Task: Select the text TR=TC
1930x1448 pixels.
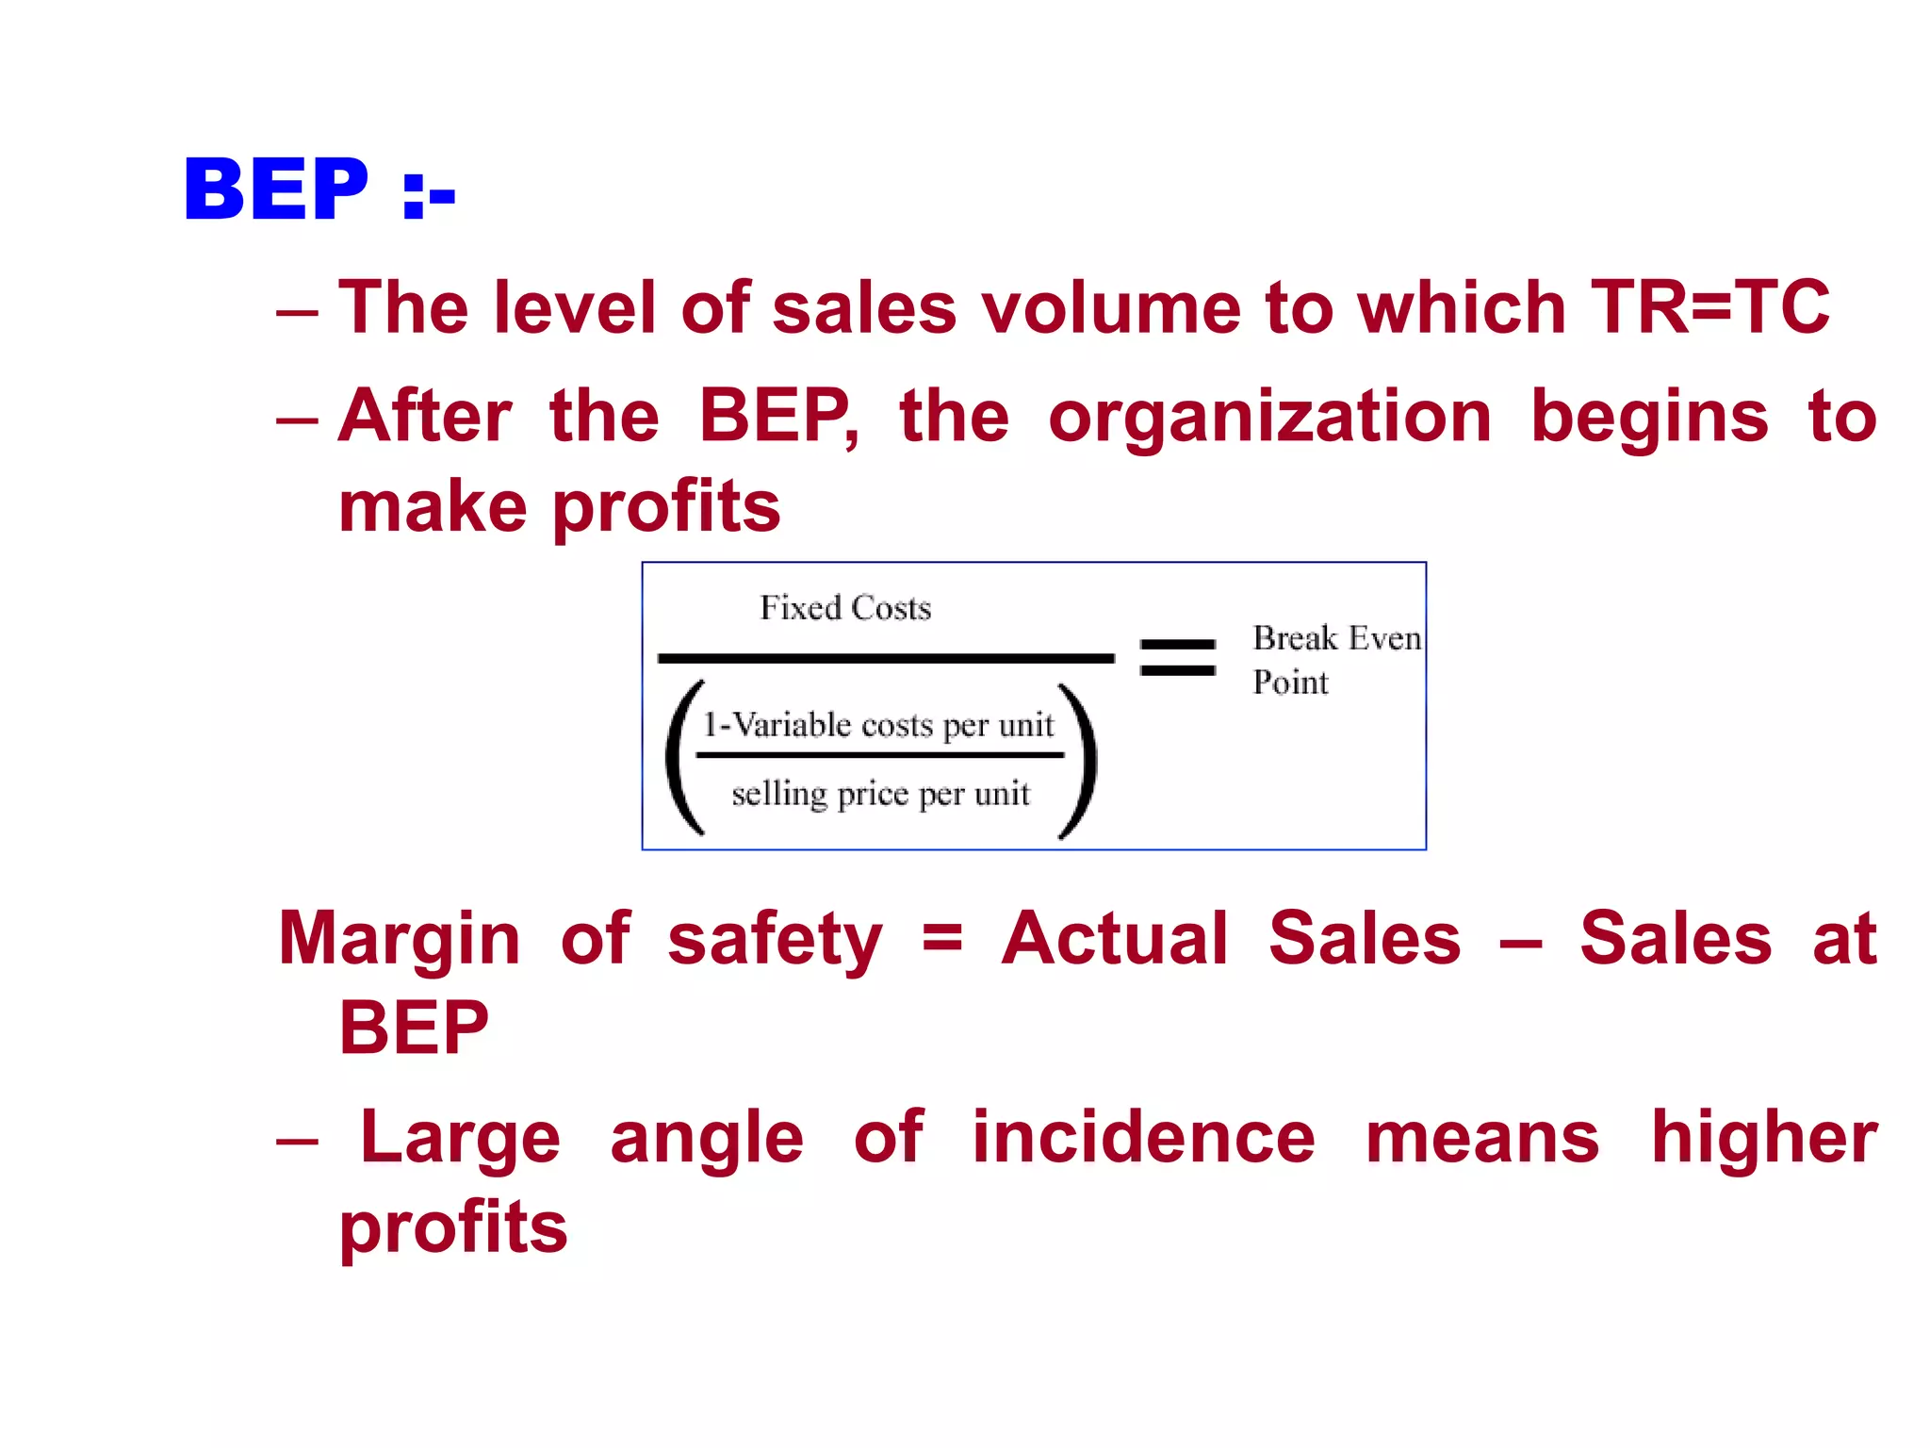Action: [1709, 307]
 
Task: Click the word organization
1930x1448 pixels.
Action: [1269, 417]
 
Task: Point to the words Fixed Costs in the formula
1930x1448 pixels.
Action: [845, 608]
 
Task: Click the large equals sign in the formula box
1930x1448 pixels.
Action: [1177, 657]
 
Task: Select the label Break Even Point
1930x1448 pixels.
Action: [1335, 659]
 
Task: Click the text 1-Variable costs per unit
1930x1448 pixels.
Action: [878, 725]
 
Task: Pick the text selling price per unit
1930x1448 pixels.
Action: [880, 794]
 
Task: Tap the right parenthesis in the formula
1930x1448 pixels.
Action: [1078, 760]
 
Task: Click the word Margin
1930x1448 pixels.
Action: [400, 939]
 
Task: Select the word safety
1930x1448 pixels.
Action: [775, 939]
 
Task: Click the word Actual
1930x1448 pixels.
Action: [1115, 939]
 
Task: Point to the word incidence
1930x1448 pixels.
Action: [1143, 1138]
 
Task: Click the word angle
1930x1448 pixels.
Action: [707, 1138]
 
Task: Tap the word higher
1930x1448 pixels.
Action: [1764, 1138]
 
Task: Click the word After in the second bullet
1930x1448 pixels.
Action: [425, 417]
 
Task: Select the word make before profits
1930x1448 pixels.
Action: [433, 507]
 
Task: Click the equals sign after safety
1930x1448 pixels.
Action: [941, 939]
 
